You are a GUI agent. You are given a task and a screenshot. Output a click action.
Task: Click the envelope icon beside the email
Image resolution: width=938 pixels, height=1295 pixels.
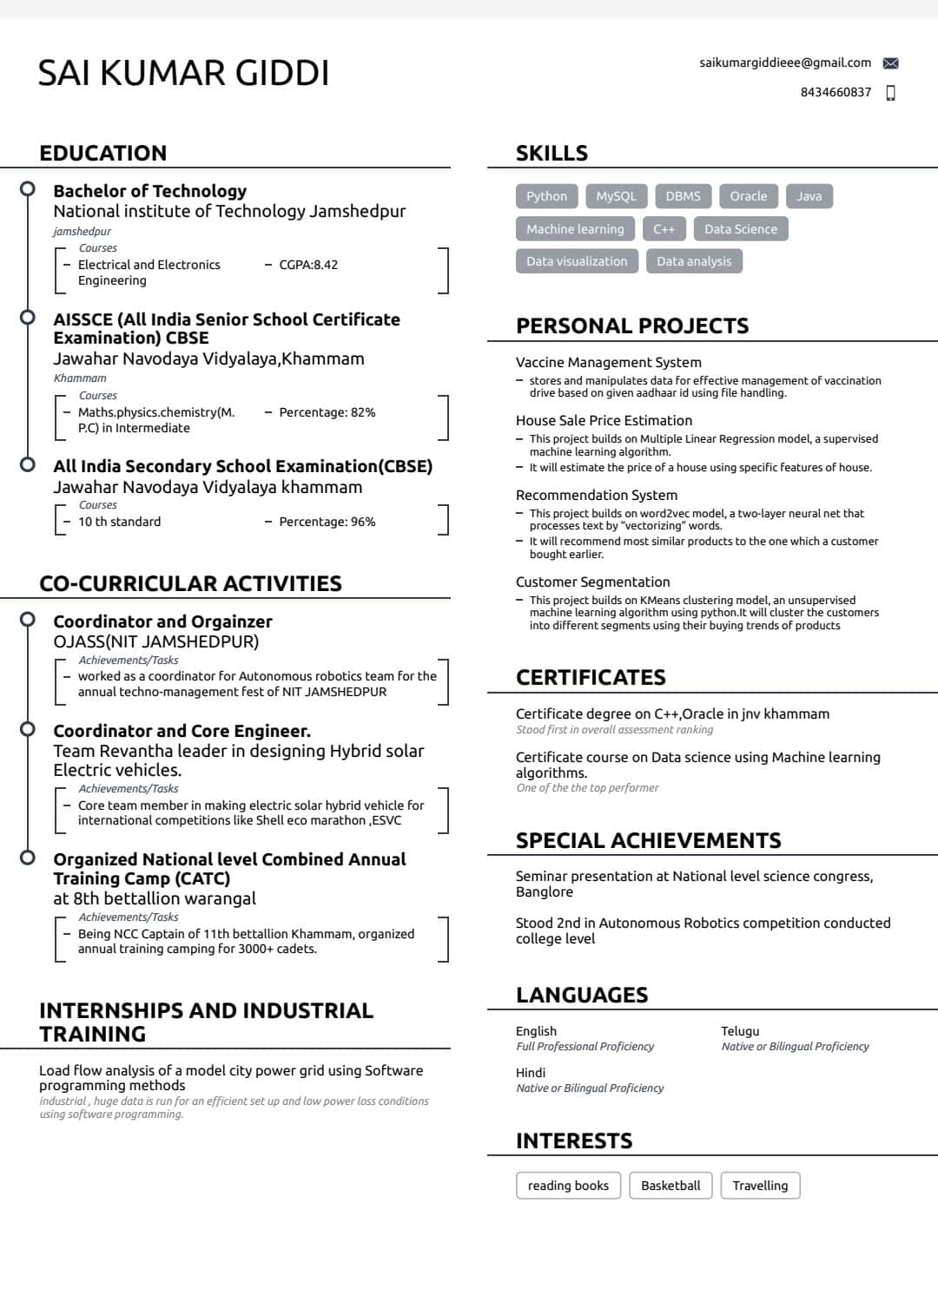[890, 63]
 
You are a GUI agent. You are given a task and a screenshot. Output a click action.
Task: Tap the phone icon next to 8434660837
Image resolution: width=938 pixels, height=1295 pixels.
[890, 93]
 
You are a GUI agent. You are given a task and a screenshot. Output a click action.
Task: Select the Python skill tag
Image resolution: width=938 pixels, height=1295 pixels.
[546, 196]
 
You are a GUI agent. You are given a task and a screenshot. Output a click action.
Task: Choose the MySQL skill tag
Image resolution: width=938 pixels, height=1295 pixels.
[616, 196]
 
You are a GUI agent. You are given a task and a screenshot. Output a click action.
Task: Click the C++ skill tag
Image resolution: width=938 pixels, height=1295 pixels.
[664, 229]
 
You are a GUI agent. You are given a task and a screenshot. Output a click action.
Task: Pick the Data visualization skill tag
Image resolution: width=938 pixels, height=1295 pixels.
[577, 261]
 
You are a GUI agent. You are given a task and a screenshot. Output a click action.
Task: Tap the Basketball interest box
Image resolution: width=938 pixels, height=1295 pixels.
[670, 1186]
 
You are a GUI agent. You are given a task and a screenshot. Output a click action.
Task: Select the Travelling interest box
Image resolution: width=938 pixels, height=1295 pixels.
[760, 1186]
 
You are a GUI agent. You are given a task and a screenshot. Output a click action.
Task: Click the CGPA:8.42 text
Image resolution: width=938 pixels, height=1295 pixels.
[308, 265]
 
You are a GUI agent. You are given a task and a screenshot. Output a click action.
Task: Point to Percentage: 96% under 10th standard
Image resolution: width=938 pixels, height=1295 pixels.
[327, 522]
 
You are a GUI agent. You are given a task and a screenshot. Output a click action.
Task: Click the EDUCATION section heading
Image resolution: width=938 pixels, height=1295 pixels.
[103, 154]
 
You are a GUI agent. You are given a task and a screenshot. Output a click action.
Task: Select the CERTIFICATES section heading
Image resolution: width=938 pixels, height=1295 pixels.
[591, 678]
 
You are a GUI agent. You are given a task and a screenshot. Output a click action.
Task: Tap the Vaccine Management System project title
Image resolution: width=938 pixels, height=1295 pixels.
[608, 363]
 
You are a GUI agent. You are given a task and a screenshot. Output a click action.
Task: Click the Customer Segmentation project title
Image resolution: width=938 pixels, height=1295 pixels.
[592, 582]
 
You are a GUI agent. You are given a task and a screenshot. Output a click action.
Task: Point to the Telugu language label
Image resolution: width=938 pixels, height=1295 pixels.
[740, 1031]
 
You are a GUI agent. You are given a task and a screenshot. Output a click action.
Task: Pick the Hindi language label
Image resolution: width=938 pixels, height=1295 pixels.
[531, 1073]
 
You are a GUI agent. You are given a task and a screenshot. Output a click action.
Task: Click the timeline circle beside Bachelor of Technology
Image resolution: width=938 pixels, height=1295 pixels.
[28, 188]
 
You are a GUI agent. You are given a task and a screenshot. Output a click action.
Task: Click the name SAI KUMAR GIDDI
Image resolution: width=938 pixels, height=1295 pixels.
[184, 74]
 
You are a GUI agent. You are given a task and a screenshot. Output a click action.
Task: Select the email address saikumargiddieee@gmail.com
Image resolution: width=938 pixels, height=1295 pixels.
[785, 62]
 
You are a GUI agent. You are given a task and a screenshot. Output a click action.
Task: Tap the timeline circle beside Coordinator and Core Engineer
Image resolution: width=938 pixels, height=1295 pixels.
[28, 728]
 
